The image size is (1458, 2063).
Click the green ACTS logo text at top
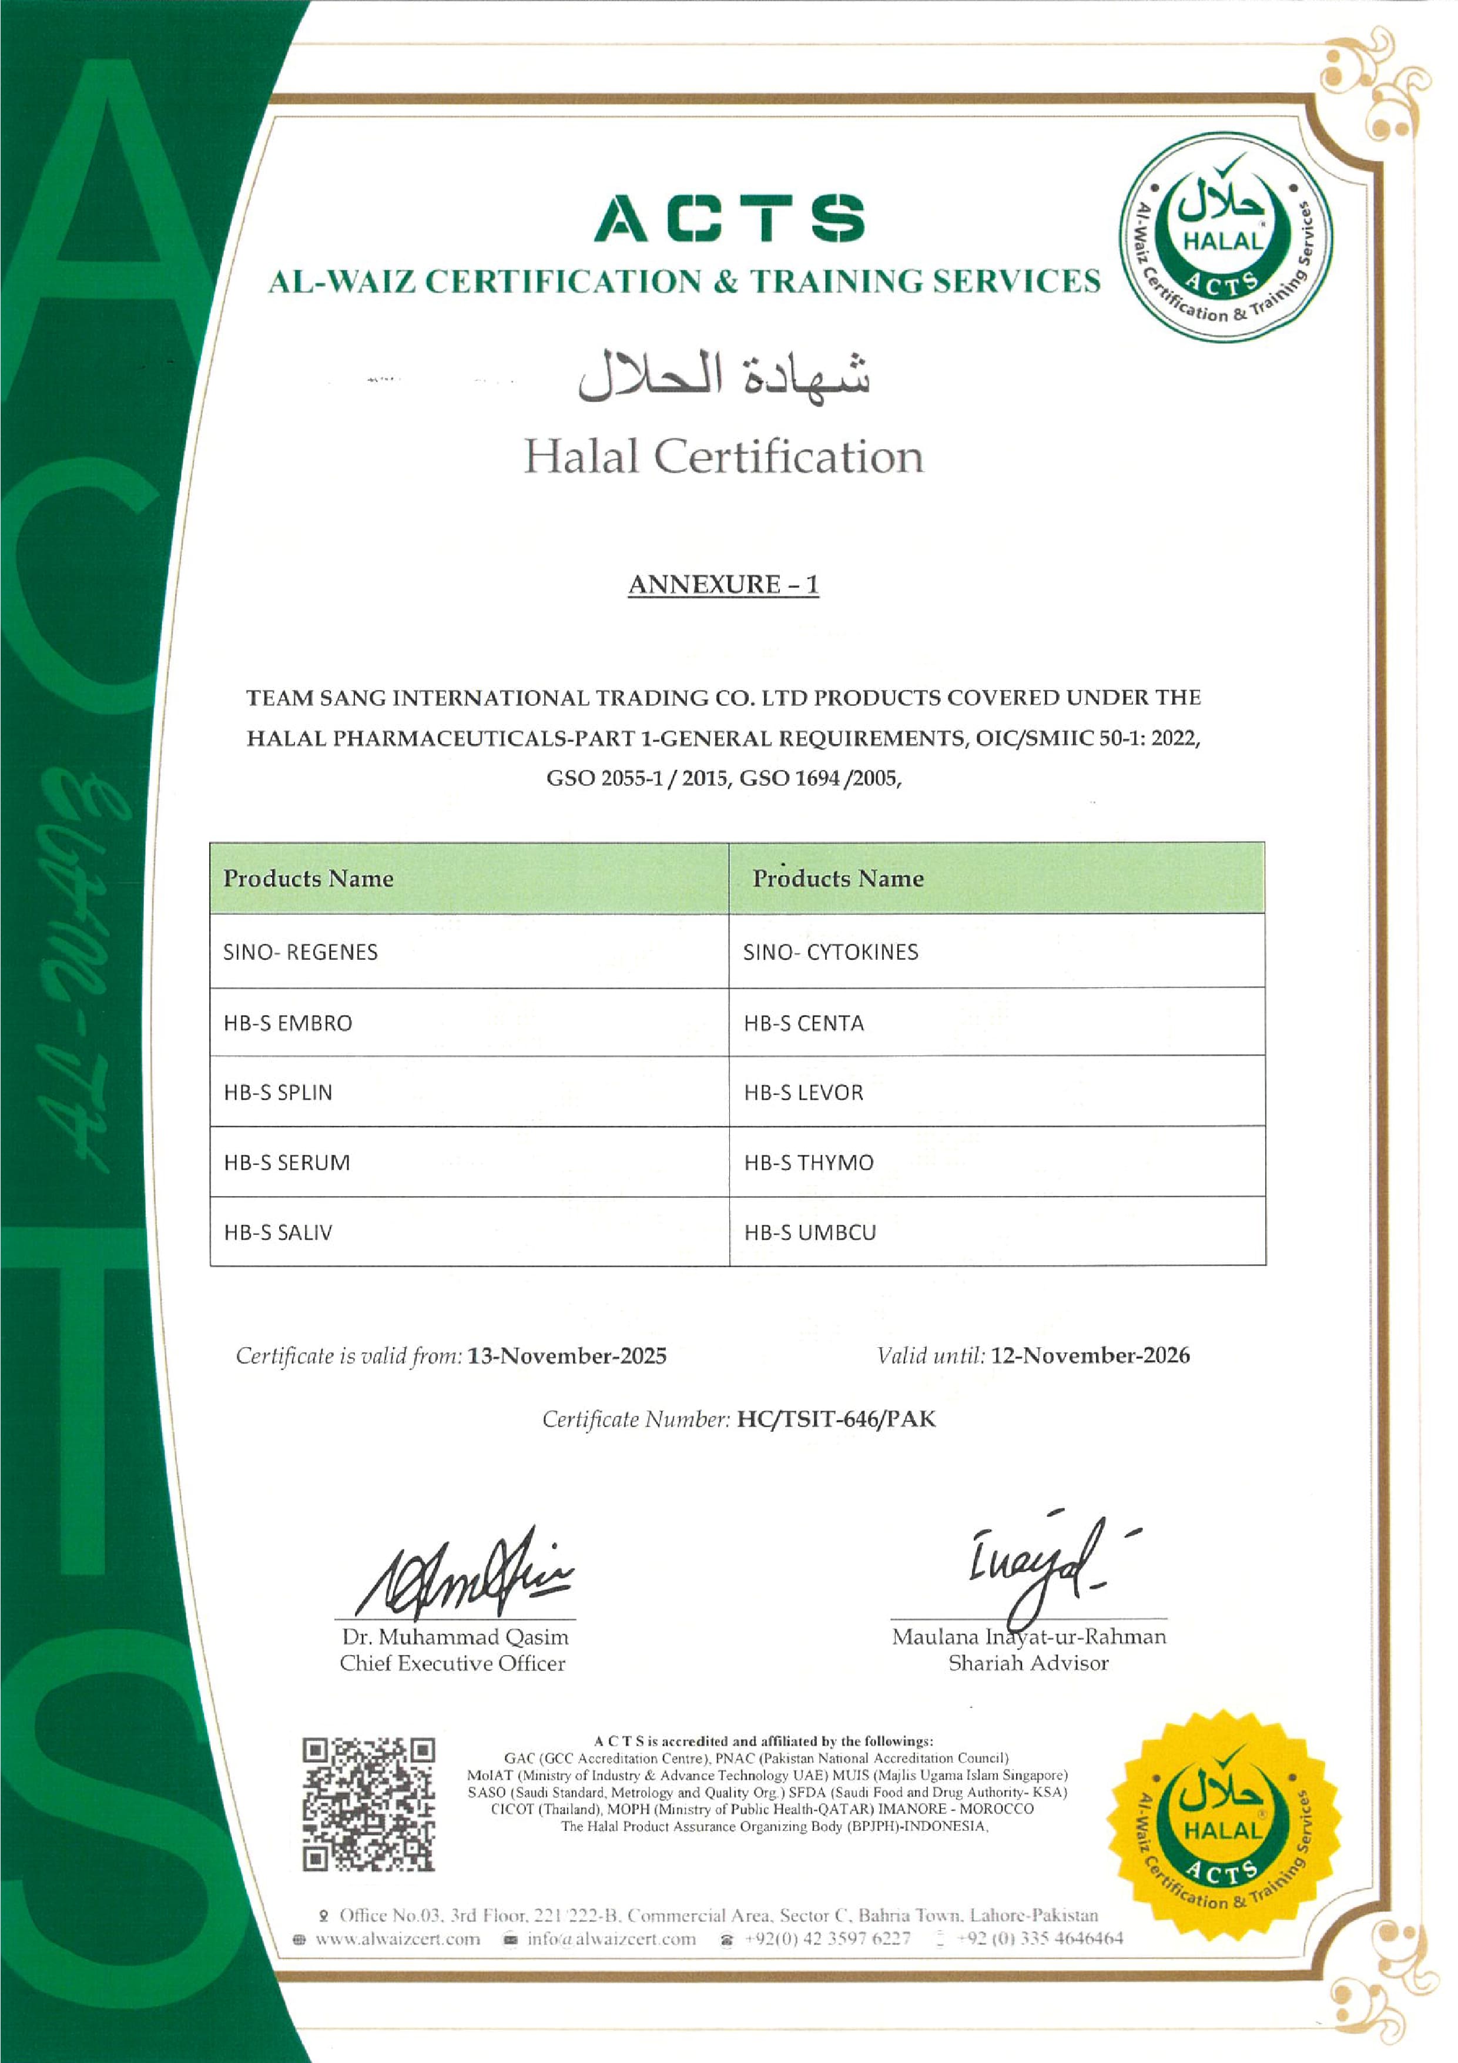(x=729, y=218)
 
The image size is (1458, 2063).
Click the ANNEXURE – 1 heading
(x=723, y=584)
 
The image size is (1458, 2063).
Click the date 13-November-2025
(x=567, y=1356)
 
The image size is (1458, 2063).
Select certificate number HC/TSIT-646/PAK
(x=836, y=1419)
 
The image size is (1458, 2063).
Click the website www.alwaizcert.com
(x=397, y=1938)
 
